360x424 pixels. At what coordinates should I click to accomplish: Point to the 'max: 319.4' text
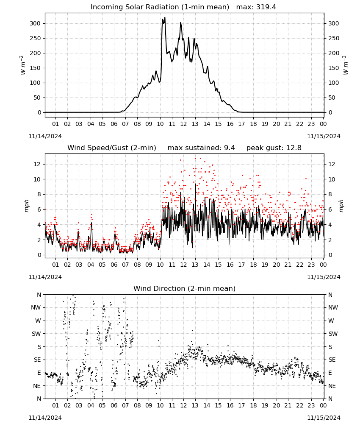[256, 7]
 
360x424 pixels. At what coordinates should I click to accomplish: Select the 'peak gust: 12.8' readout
[274, 148]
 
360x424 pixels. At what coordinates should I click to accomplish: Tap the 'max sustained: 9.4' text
[201, 148]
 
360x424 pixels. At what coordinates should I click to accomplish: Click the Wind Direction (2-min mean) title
[185, 288]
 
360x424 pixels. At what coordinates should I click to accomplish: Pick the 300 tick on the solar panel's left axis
[35, 23]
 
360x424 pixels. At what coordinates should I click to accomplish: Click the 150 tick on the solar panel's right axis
[334, 68]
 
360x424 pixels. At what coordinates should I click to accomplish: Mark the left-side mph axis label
[26, 206]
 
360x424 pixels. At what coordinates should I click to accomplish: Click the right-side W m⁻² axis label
[346, 65]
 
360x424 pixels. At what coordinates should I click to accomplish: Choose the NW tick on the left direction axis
[36, 307]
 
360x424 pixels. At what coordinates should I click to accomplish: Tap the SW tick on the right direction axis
[333, 334]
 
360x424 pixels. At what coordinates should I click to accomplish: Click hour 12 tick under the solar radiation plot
[183, 124]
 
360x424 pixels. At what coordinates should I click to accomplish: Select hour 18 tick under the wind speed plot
[253, 265]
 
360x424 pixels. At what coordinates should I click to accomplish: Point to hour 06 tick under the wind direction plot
[114, 405]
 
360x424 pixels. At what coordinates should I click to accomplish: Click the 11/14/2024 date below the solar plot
[45, 136]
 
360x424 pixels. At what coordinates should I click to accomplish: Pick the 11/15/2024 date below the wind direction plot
[324, 418]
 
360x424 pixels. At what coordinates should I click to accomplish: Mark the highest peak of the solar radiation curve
[165, 17]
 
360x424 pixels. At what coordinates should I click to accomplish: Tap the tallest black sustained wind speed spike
[195, 184]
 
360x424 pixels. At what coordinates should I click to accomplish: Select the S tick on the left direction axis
[39, 347]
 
